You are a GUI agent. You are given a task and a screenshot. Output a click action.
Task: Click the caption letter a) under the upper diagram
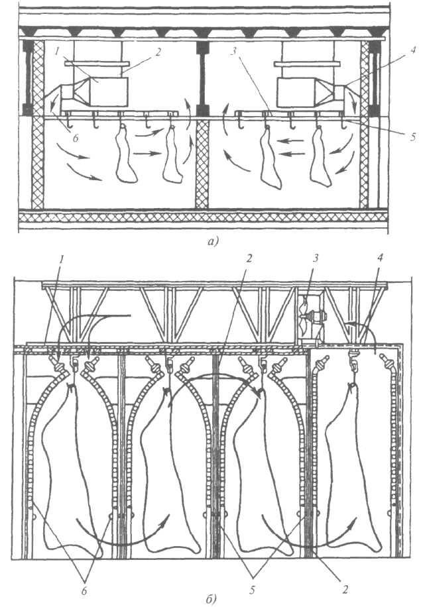click(211, 243)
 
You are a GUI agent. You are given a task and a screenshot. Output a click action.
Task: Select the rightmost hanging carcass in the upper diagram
click(321, 159)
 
